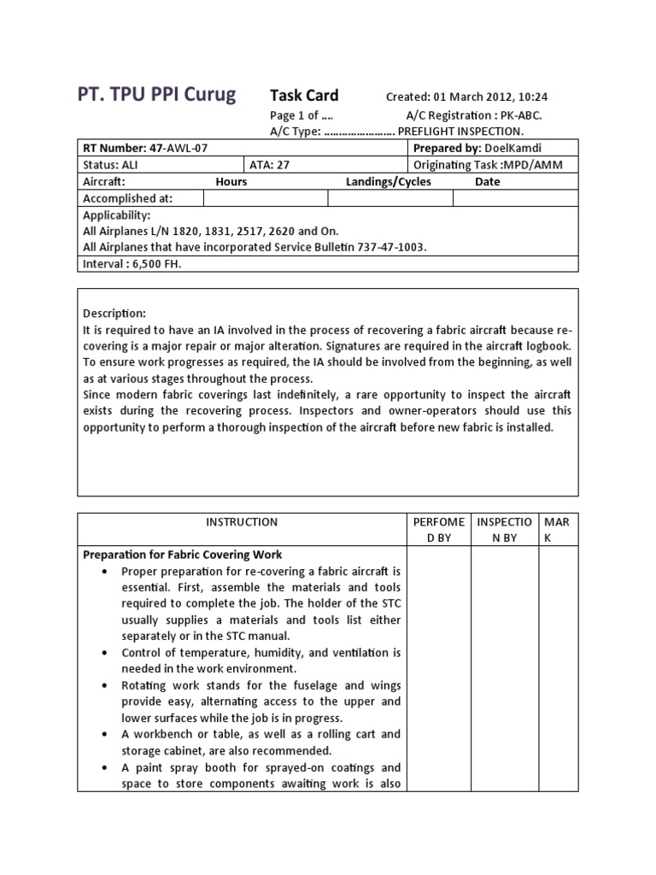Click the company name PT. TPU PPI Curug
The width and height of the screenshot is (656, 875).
pyautogui.click(x=158, y=95)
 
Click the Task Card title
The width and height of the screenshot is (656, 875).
pyautogui.click(x=304, y=96)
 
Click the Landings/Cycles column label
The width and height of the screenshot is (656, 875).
pyautogui.click(x=389, y=182)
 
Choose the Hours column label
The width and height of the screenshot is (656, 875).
pyautogui.click(x=231, y=182)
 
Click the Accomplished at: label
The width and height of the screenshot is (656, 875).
pyautogui.click(x=128, y=198)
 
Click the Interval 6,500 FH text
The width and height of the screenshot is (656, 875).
pyautogui.click(x=132, y=264)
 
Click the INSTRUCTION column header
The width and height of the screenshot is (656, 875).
pyautogui.click(x=242, y=522)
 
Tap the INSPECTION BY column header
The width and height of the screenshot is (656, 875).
pyautogui.click(x=504, y=530)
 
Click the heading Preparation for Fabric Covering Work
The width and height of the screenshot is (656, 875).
pyautogui.click(x=182, y=555)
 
